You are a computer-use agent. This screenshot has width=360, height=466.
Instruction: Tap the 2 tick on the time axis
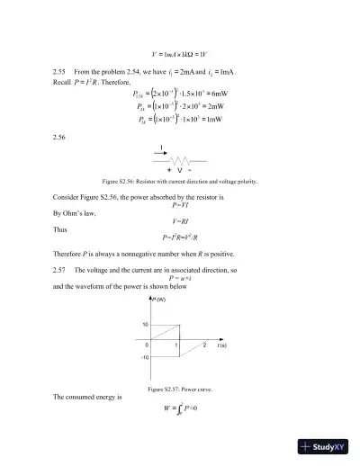(x=204, y=345)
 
